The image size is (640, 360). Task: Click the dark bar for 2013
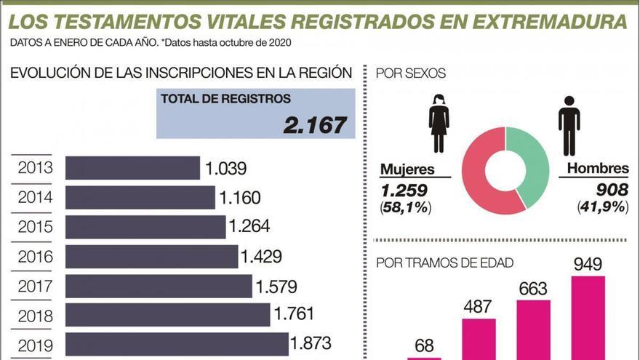[132, 168]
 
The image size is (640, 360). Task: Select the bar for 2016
[151, 256]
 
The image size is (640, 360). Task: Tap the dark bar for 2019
[177, 344]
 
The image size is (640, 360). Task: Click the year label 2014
[35, 197]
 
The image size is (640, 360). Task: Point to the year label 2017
[35, 285]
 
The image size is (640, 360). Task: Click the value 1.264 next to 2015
[249, 227]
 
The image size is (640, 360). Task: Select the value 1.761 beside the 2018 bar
[294, 314]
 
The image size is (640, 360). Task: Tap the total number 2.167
[314, 124]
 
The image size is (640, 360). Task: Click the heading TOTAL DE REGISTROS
[225, 99]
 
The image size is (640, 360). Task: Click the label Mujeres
[407, 169]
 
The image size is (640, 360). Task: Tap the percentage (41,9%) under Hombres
[603, 207]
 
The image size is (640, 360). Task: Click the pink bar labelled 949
[588, 317]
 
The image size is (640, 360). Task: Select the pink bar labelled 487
[479, 338]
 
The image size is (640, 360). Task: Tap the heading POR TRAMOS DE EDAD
[444, 263]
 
